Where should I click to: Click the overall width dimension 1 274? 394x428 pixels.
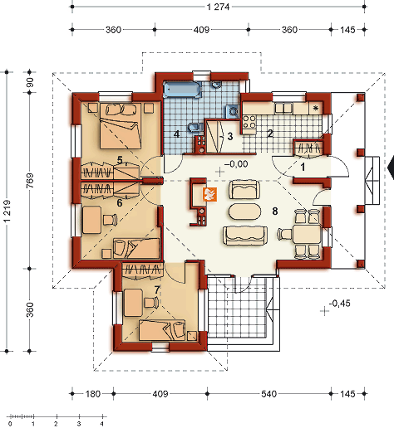pyautogui.click(x=219, y=7)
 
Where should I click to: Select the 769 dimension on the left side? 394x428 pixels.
pyautogui.click(x=30, y=181)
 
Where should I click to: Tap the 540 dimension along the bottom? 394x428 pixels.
pyautogui.click(x=268, y=394)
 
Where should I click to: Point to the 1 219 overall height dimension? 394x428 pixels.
pyautogui.click(x=7, y=211)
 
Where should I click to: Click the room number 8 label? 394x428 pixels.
pyautogui.click(x=275, y=212)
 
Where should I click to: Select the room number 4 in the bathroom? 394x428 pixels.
pyautogui.click(x=176, y=134)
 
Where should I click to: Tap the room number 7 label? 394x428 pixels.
pyautogui.click(x=157, y=290)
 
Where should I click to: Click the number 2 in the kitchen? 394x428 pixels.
pyautogui.click(x=270, y=134)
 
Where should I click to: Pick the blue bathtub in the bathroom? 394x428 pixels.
pyautogui.click(x=182, y=90)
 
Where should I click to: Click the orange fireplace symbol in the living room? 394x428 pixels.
pyautogui.click(x=209, y=194)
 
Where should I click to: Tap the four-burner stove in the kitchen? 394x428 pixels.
pyautogui.click(x=249, y=122)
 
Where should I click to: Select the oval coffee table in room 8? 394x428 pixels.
pyautogui.click(x=244, y=212)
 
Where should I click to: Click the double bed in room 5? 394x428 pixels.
pyautogui.click(x=121, y=126)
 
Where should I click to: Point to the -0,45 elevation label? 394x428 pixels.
pyautogui.click(x=339, y=304)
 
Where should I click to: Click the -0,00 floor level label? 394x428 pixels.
pyautogui.click(x=236, y=164)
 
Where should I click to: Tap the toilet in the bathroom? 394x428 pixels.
pyautogui.click(x=195, y=128)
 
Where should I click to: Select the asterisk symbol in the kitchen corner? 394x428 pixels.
pyautogui.click(x=315, y=109)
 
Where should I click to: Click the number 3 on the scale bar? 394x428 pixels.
pyautogui.click(x=79, y=424)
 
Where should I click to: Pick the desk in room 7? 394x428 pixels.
pyautogui.click(x=133, y=303)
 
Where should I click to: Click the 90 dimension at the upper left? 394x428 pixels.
pyautogui.click(x=30, y=82)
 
